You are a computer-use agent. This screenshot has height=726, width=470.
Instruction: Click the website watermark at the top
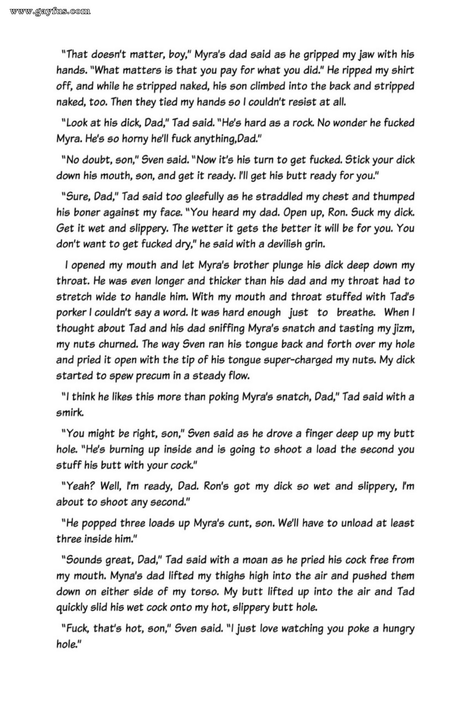(x=50, y=11)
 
